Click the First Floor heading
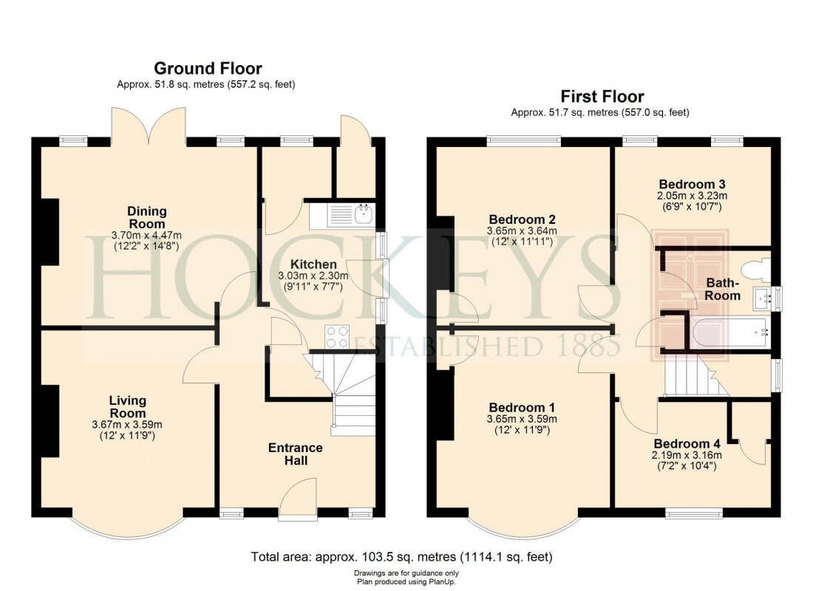602,97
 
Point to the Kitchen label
313,264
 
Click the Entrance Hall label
295,454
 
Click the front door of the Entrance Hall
299,501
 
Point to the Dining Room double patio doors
149,126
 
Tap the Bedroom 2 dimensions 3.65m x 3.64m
522,230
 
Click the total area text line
402,556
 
